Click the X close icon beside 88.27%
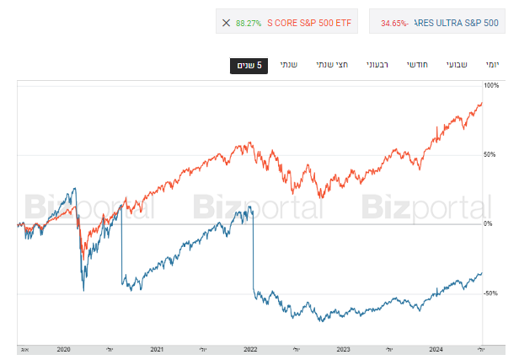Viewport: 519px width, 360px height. click(x=225, y=23)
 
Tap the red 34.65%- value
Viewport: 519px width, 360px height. click(x=394, y=23)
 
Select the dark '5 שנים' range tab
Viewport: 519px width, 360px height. click(x=249, y=66)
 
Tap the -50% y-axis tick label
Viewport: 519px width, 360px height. click(x=491, y=293)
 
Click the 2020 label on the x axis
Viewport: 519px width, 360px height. click(x=64, y=348)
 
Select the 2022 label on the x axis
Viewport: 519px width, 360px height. click(x=250, y=348)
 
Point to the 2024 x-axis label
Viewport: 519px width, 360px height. click(x=436, y=348)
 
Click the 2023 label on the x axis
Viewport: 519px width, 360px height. click(x=343, y=348)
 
